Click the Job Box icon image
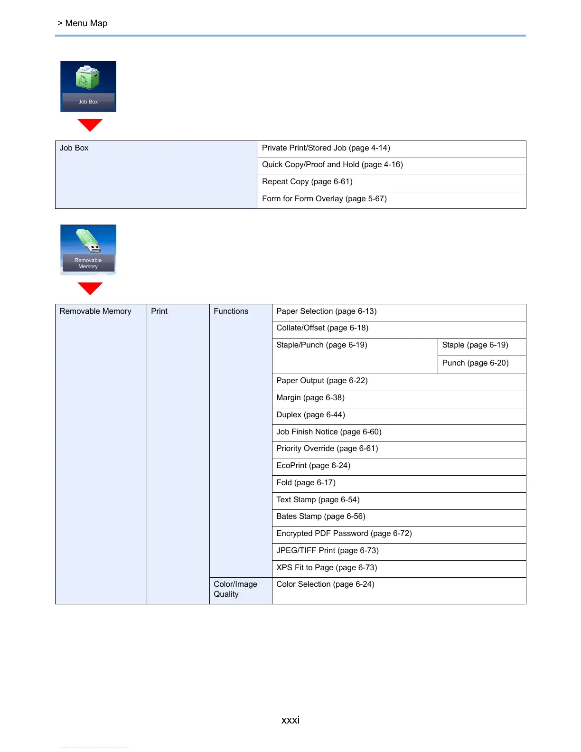(x=88, y=86)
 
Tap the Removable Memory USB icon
(x=88, y=249)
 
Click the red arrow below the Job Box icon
(x=90, y=125)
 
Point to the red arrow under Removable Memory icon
(x=90, y=288)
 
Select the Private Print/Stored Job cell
(x=326, y=148)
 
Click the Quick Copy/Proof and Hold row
(x=332, y=165)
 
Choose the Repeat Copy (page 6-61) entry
(x=307, y=182)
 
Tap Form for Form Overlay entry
(x=324, y=199)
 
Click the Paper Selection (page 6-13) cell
(x=326, y=311)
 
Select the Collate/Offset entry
(x=322, y=328)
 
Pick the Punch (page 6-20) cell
(x=475, y=363)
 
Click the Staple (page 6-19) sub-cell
(x=475, y=345)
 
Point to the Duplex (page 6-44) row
(x=310, y=415)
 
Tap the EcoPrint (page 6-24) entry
(x=313, y=466)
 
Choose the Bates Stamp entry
(x=321, y=517)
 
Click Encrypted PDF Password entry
(x=344, y=534)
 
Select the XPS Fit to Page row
(x=327, y=568)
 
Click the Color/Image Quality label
(x=235, y=589)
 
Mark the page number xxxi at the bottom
(x=290, y=720)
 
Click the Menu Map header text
(x=86, y=23)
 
